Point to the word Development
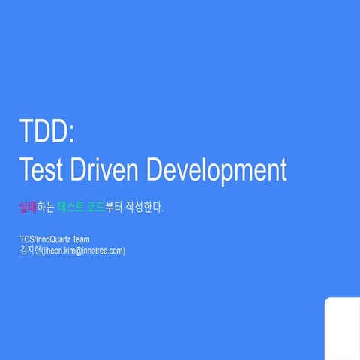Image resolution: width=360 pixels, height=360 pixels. point(217,170)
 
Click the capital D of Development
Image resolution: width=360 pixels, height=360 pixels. point(156,169)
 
